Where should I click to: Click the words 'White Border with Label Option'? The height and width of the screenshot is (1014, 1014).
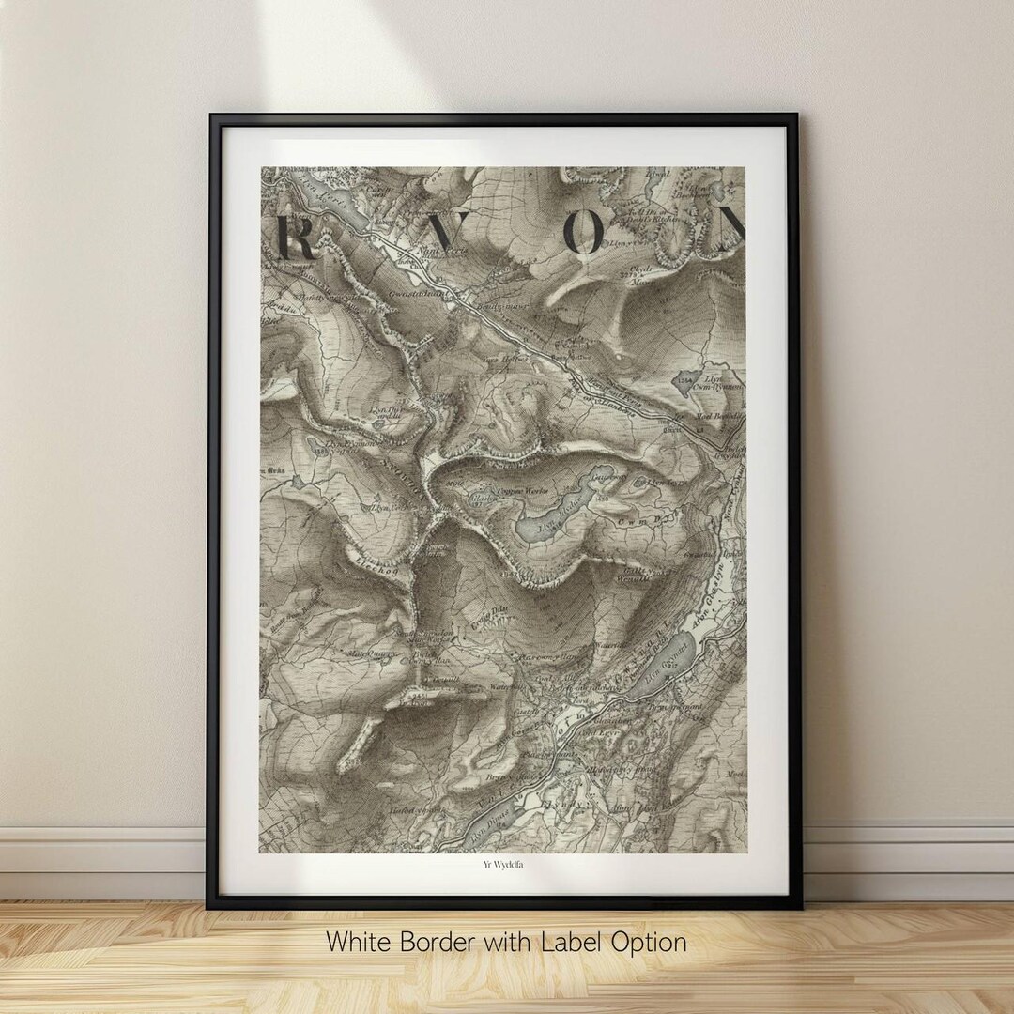click(x=506, y=942)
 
